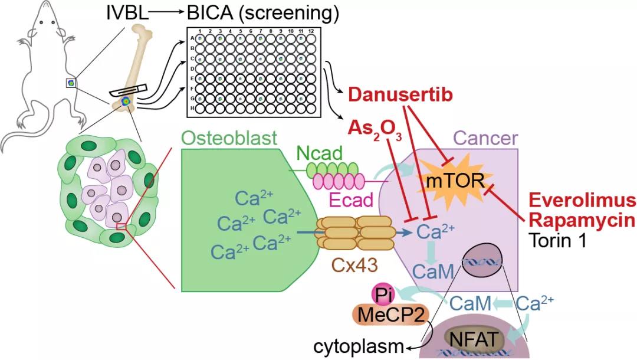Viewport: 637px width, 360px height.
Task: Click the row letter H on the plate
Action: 191,109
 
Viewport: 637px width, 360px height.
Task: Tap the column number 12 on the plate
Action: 310,30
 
